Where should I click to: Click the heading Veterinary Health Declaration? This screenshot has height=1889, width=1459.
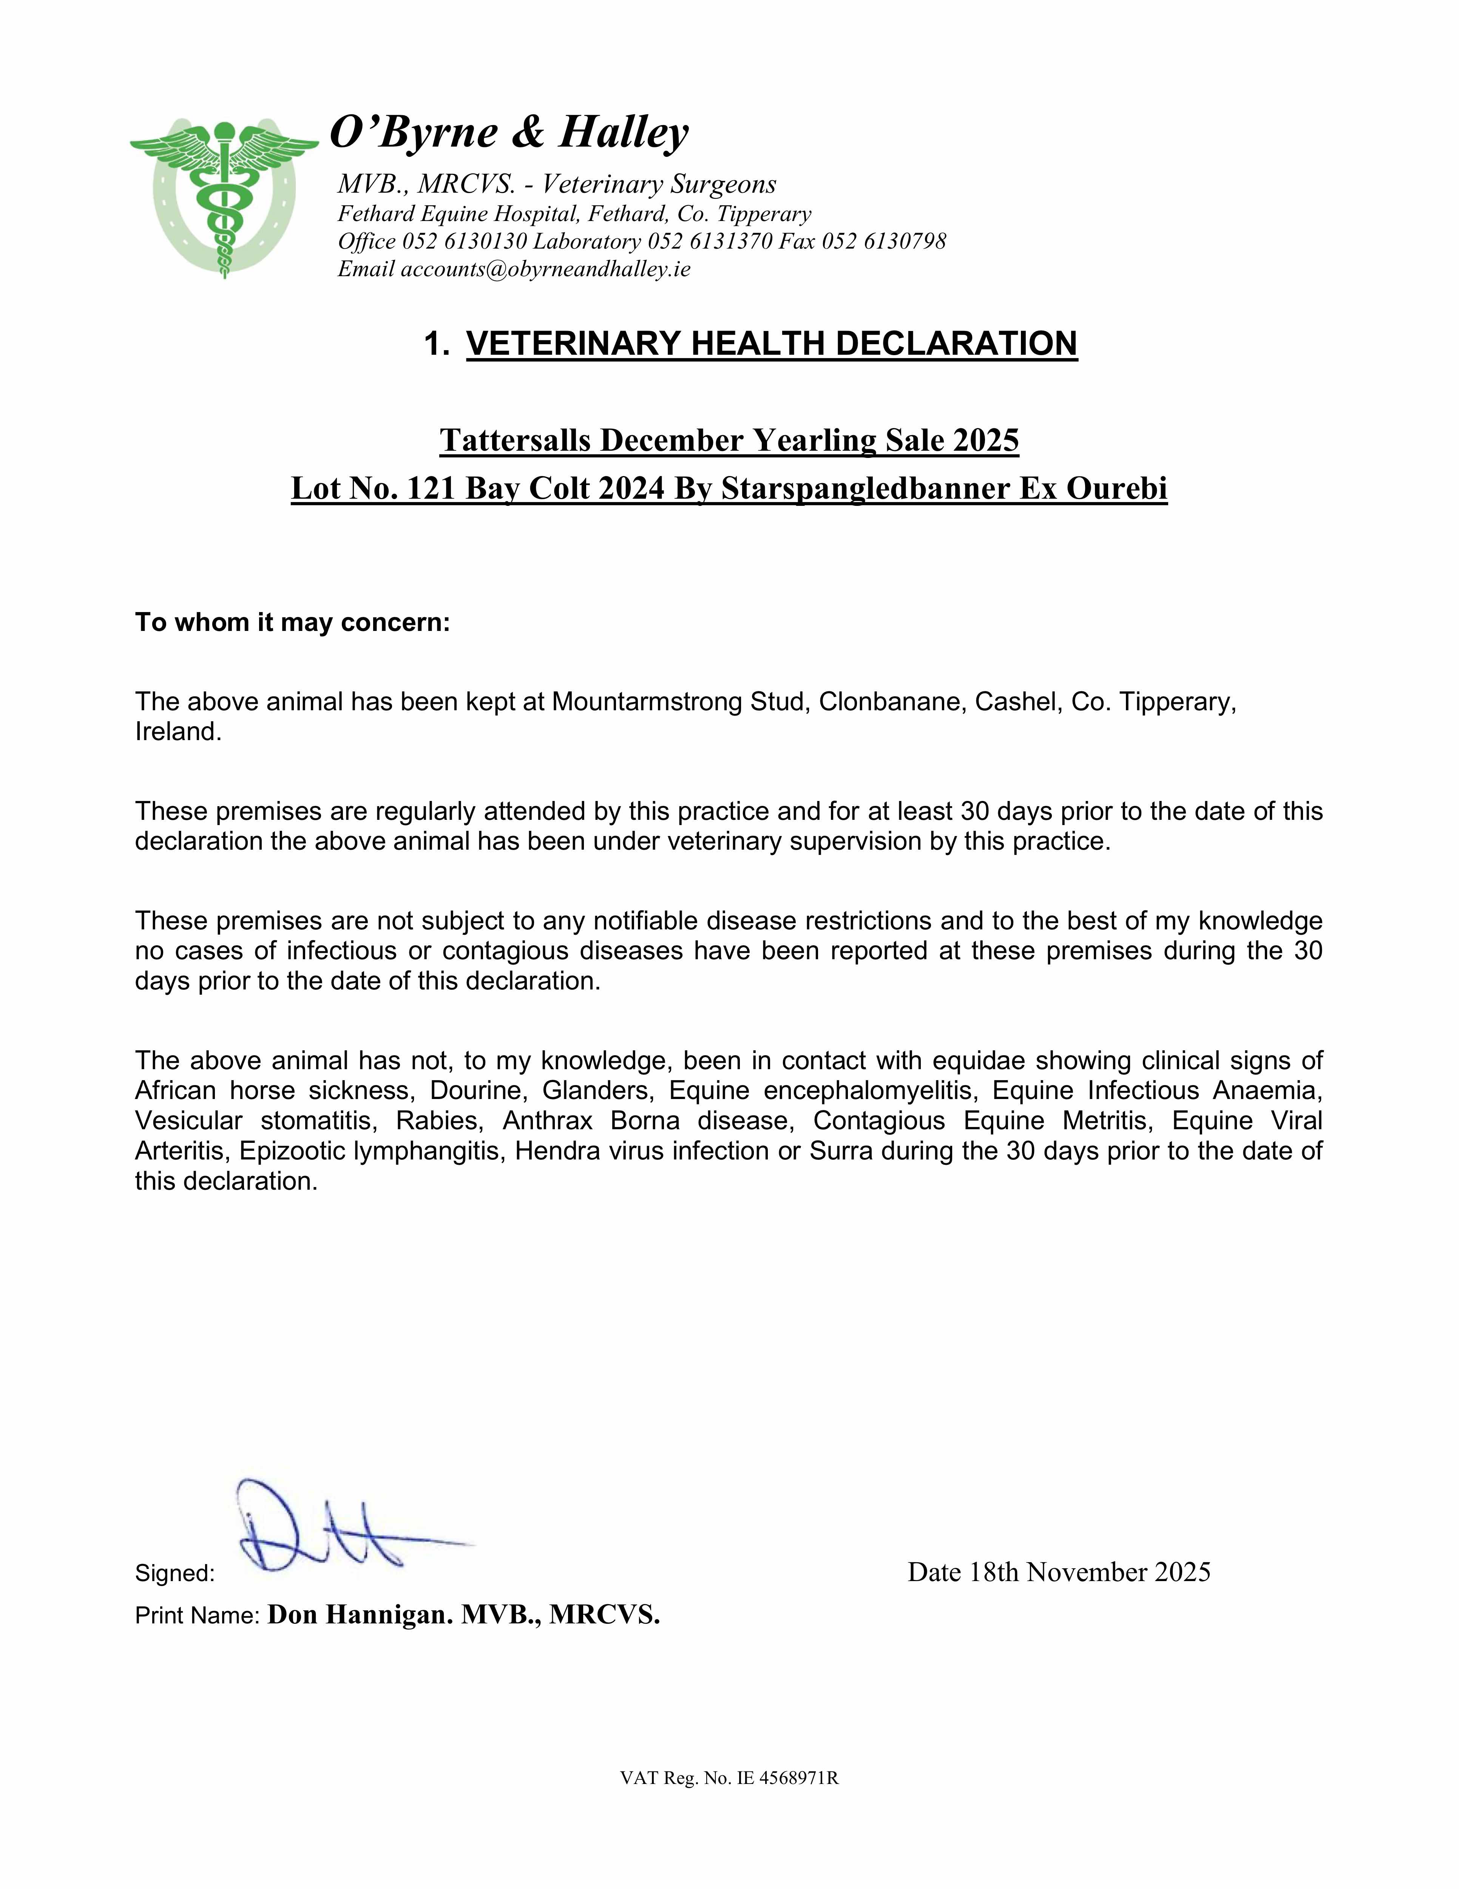coord(772,343)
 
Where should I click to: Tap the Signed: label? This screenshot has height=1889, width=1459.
coord(175,1573)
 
